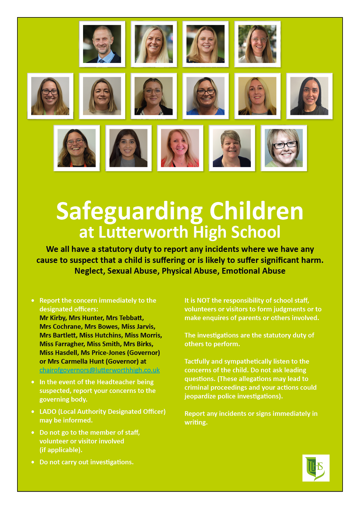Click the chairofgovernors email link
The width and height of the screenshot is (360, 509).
click(100, 370)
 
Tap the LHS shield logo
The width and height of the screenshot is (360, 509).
click(316, 468)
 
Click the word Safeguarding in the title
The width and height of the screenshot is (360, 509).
click(129, 211)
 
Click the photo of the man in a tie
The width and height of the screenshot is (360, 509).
click(102, 44)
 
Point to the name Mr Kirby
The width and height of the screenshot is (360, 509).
click(53, 318)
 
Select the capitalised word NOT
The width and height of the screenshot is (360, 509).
click(203, 300)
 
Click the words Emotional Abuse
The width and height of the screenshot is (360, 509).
click(253, 271)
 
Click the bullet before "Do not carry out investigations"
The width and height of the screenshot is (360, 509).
click(33, 462)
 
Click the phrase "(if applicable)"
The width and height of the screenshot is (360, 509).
click(61, 450)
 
